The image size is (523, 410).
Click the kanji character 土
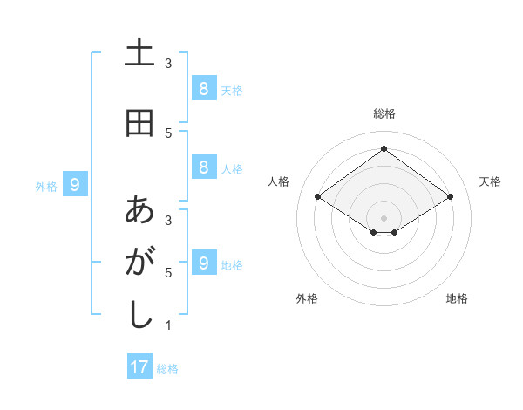(139, 53)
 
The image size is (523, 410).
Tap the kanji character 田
(139, 123)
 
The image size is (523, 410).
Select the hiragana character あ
(139, 210)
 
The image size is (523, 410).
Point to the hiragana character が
(139, 263)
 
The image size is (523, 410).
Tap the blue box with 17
(139, 367)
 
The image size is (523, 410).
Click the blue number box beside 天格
(203, 88)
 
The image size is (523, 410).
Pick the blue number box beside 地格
(203, 263)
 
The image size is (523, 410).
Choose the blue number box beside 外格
(75, 184)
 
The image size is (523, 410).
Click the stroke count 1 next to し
(168, 326)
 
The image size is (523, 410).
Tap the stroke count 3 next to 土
(168, 63)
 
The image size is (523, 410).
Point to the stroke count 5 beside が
(168, 273)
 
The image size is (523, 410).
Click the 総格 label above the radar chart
(384, 113)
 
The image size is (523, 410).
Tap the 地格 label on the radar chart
(457, 298)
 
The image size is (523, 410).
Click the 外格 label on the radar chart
(307, 298)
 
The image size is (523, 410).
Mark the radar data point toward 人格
(318, 197)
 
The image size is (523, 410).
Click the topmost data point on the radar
(384, 148)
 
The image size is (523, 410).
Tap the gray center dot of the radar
(384, 217)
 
